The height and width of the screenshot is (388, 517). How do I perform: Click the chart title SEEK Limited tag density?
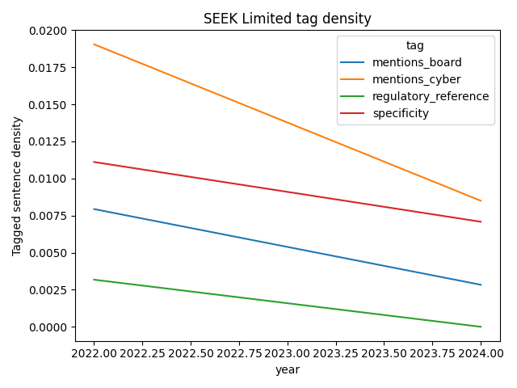[x=287, y=19]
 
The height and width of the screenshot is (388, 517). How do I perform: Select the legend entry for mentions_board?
[x=417, y=62]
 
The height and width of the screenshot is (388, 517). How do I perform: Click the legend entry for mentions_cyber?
[x=417, y=79]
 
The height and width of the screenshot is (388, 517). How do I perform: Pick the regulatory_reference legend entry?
[x=430, y=96]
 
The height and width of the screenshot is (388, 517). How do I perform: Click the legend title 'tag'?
[x=415, y=46]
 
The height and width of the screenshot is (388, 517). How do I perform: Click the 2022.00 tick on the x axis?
[x=94, y=353]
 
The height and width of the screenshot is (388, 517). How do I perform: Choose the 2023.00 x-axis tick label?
[x=288, y=353]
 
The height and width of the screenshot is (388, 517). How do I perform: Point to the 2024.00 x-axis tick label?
[x=481, y=353]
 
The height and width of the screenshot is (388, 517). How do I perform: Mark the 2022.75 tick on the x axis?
[x=239, y=353]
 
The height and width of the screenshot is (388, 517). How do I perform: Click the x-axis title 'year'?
[x=288, y=369]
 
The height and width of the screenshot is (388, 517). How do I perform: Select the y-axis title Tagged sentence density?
[x=17, y=186]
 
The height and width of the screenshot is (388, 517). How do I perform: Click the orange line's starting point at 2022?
[x=94, y=44]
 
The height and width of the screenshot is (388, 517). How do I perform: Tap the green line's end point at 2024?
[x=481, y=327]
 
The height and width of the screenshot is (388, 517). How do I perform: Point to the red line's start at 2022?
[x=94, y=162]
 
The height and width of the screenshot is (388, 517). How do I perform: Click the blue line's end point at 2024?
[x=481, y=285]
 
